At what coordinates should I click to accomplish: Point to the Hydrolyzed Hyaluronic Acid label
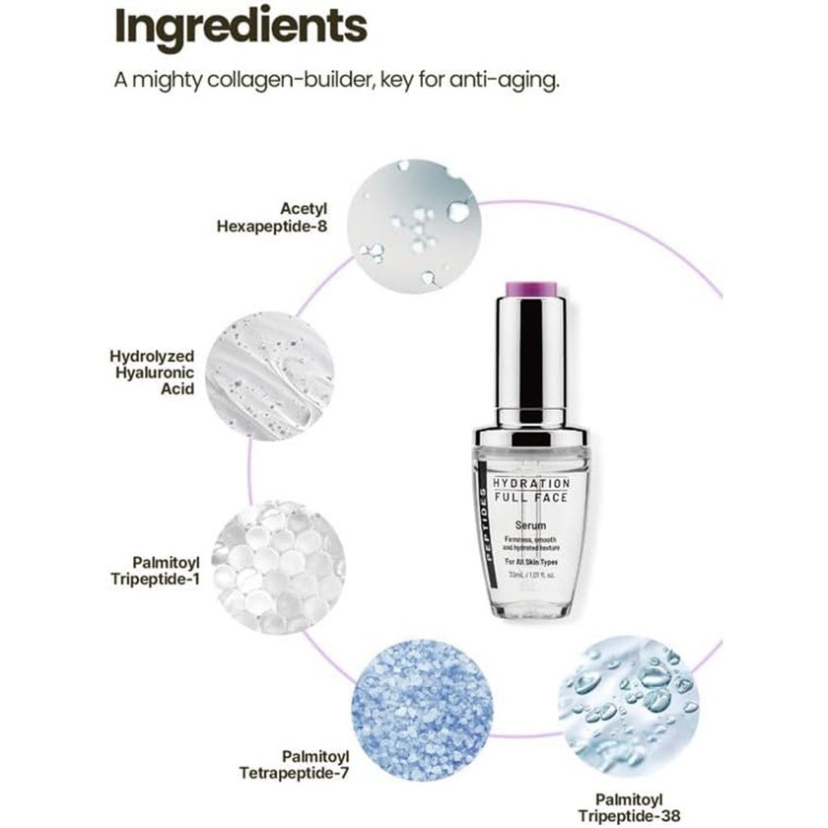(x=153, y=372)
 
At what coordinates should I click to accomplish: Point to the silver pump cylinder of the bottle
(x=531, y=355)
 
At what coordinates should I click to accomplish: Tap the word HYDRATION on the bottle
(x=531, y=484)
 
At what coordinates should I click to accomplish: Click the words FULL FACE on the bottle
(x=531, y=501)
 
